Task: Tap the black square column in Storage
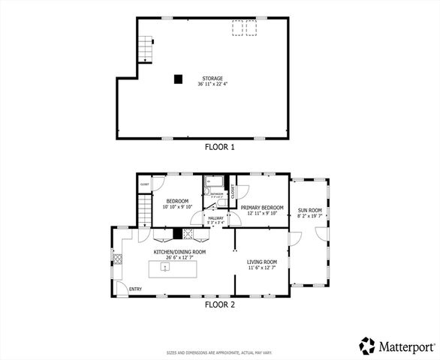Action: tap(178, 78)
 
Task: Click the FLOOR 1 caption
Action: tap(219, 147)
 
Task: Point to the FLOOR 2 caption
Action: tap(219, 304)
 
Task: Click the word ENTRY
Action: tap(135, 289)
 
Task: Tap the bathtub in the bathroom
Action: tap(212, 182)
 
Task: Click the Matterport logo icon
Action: tap(367, 346)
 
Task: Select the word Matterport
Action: tap(405, 346)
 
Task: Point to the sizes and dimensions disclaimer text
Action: tap(219, 352)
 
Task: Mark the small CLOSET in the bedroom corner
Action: tap(145, 184)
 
